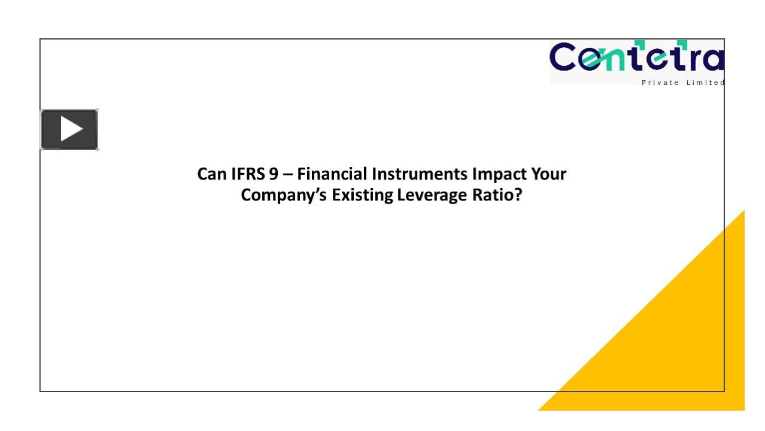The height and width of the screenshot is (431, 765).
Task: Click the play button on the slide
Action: tap(69, 129)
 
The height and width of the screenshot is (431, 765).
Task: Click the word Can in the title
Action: tap(212, 174)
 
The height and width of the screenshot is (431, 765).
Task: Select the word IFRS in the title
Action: tap(248, 174)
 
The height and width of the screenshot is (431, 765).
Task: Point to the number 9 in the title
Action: tap(274, 174)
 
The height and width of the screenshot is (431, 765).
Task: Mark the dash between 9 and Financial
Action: tap(289, 175)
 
